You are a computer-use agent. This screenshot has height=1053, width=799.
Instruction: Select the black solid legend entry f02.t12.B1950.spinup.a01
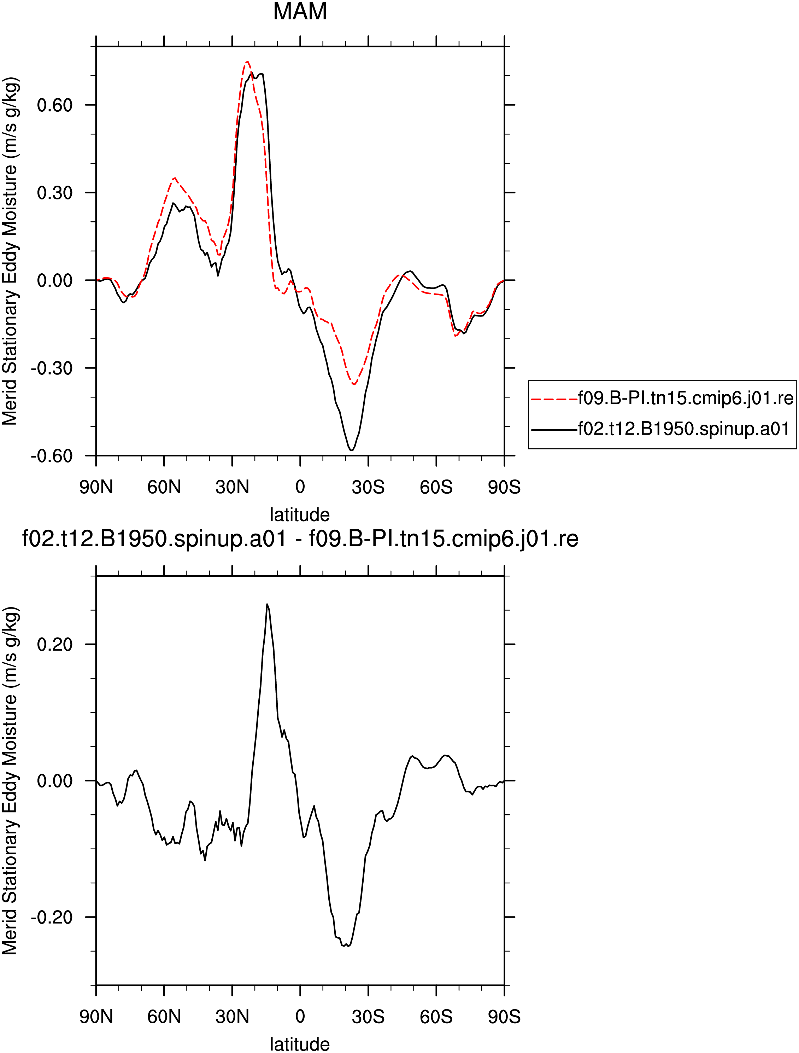[x=660, y=429]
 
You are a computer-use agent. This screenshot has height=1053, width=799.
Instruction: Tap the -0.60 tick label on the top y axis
[x=52, y=455]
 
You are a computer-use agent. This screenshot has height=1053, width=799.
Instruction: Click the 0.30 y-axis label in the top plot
[x=55, y=193]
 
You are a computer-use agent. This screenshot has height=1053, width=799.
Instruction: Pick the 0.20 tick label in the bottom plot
[x=55, y=645]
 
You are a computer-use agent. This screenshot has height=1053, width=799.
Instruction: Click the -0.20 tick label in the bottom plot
[x=52, y=917]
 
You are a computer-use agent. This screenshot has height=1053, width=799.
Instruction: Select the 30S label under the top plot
[x=368, y=487]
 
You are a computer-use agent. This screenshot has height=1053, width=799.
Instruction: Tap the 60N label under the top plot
[x=164, y=487]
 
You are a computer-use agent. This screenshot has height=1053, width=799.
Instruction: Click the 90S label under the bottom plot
[x=504, y=1016]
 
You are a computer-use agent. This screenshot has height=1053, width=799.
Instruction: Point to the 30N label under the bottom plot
[x=232, y=1016]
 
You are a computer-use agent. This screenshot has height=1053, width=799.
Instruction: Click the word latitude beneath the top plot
[x=300, y=514]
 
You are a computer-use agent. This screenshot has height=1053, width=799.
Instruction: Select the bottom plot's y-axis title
[x=10, y=781]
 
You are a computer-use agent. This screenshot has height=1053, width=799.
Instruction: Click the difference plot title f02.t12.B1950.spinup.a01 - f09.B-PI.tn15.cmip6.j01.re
[x=300, y=539]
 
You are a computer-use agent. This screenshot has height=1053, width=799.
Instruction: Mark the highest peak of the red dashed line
[x=247, y=62]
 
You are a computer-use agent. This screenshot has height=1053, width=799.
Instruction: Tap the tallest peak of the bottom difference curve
[x=268, y=604]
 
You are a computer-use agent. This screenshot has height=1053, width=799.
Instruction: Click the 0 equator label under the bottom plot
[x=300, y=1016]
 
